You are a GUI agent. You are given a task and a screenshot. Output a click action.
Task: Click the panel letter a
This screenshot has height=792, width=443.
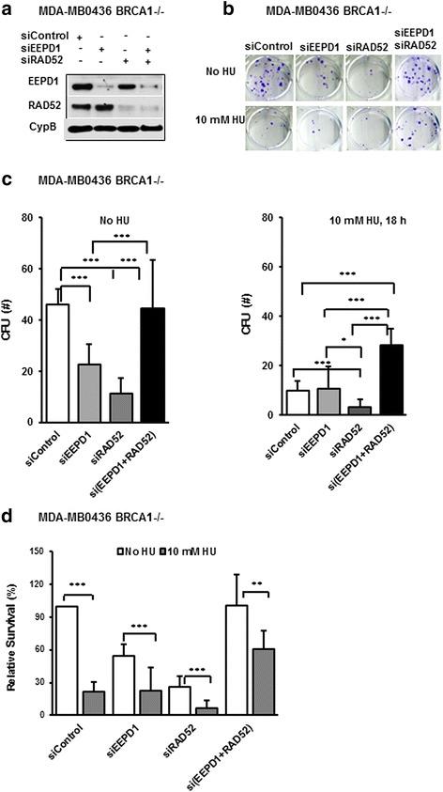coord(7,9)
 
